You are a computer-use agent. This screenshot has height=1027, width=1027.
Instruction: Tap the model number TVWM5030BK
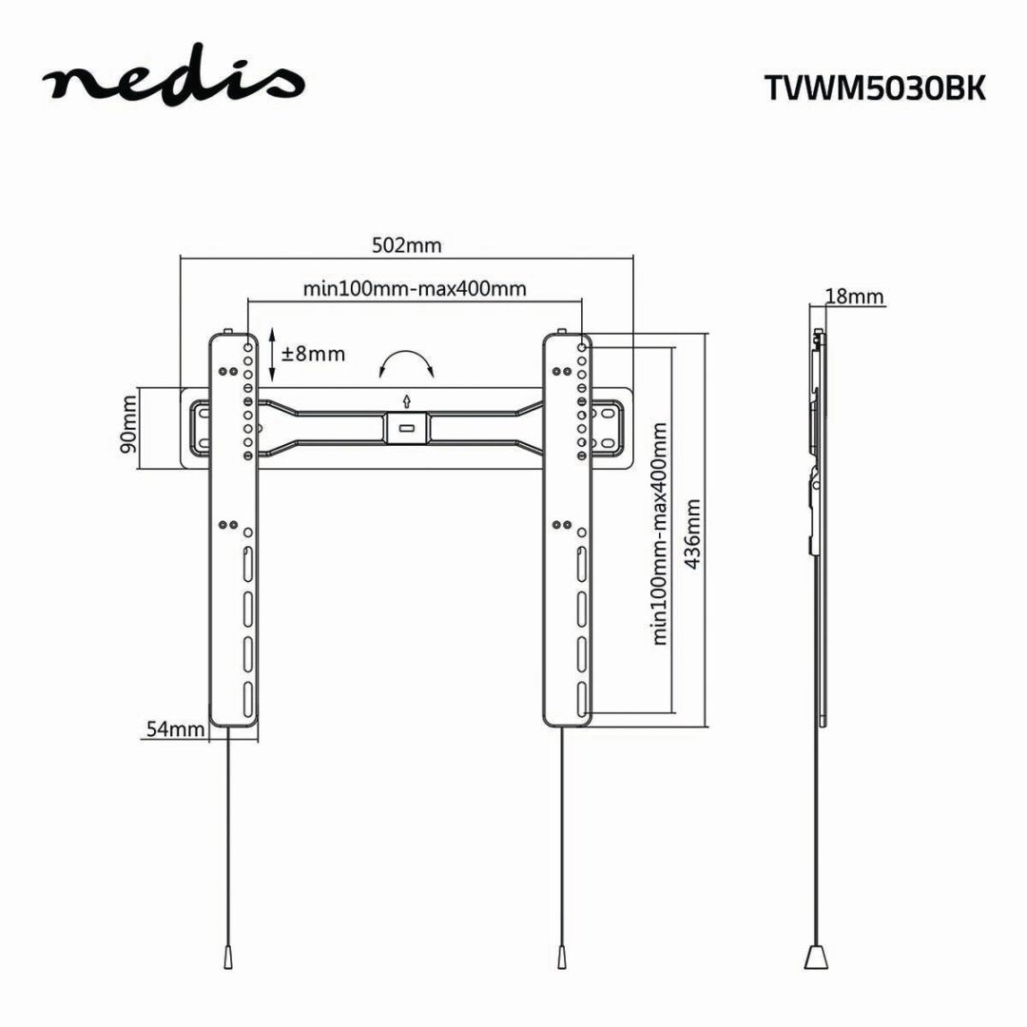[875, 88]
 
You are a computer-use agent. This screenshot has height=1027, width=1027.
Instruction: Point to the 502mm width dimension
[406, 245]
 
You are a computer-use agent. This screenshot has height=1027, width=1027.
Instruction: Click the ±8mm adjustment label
[313, 355]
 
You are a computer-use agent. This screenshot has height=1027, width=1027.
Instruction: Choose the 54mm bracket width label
[175, 729]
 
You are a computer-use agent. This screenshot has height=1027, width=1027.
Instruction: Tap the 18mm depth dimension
[854, 297]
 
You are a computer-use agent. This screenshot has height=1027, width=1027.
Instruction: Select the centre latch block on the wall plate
[406, 427]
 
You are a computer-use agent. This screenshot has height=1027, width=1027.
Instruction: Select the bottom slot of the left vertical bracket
[246, 698]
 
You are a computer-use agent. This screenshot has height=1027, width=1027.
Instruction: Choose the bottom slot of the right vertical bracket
[579, 698]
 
